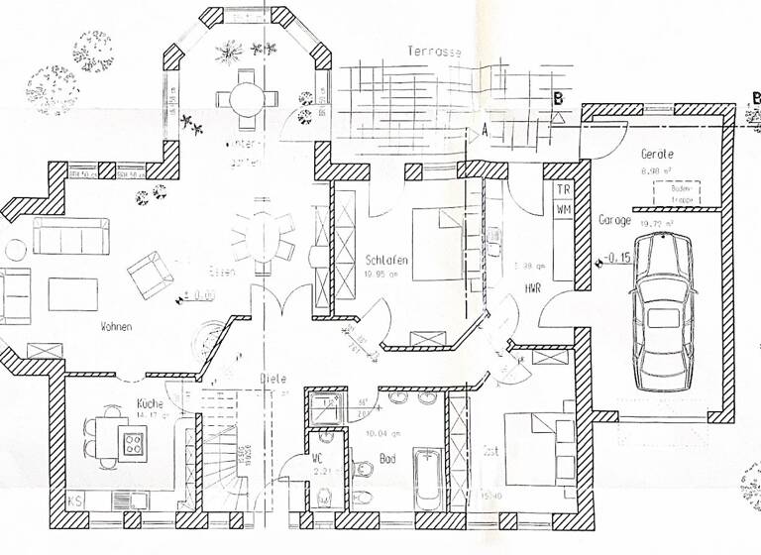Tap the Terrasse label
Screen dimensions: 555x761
click(x=434, y=51)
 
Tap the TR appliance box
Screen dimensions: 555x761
click(x=562, y=189)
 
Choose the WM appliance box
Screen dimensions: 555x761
click(x=562, y=209)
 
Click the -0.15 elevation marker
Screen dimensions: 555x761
click(x=620, y=259)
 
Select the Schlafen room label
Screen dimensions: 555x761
click(x=386, y=260)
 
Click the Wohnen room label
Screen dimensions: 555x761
click(x=116, y=326)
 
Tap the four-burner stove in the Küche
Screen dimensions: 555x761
click(x=133, y=443)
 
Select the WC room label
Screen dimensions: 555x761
click(x=317, y=458)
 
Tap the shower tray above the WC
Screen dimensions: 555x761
click(x=322, y=407)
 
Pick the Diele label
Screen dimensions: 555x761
click(x=273, y=378)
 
